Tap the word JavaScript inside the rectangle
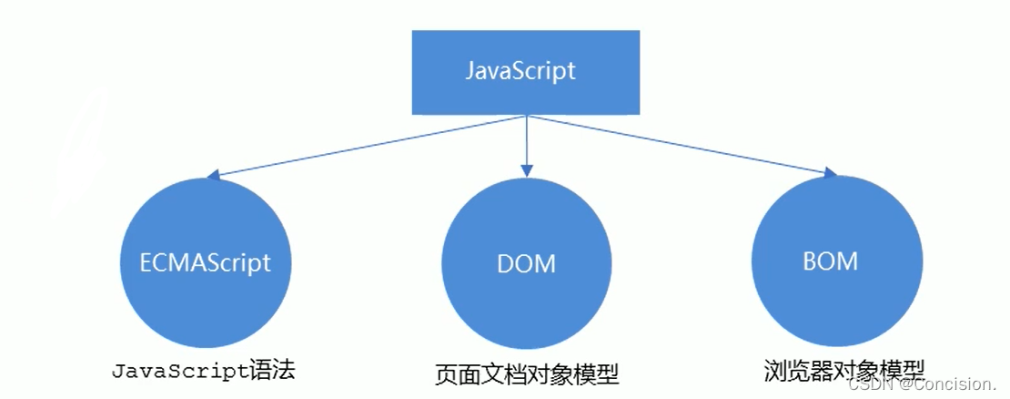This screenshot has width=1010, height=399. pyautogui.click(x=520, y=71)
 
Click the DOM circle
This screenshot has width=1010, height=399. pyautogui.click(x=526, y=264)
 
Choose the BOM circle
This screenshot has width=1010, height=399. pyautogui.click(x=830, y=262)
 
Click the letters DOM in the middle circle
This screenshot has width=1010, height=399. pyautogui.click(x=526, y=265)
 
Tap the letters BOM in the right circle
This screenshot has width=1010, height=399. pyautogui.click(x=830, y=262)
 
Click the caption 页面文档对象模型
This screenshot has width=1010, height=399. pyautogui.click(x=527, y=373)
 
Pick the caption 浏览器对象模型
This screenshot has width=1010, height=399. pyautogui.click(x=844, y=370)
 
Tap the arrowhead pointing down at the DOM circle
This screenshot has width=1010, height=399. pyautogui.click(x=526, y=168)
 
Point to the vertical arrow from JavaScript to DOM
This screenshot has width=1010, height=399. pyautogui.click(x=526, y=141)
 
